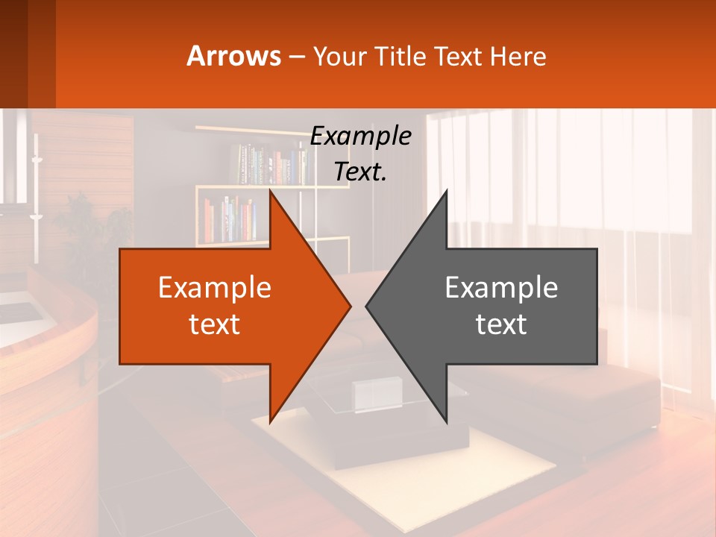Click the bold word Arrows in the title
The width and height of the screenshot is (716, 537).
point(234,56)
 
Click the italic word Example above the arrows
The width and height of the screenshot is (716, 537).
point(360,136)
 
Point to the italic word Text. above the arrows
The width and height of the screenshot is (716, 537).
point(360,172)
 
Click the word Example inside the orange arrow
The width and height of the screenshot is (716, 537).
point(214,287)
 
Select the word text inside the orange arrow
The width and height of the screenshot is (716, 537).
point(214,324)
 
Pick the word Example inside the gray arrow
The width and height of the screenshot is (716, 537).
point(501,287)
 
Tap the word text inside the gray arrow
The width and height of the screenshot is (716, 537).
point(501,324)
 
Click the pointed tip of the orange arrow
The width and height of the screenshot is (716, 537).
point(350,306)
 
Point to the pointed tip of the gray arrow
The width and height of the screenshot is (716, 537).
point(366,306)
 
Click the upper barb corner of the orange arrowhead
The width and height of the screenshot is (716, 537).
point(270,191)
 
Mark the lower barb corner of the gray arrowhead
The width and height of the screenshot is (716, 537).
point(446,421)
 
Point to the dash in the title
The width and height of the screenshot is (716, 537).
point(296,57)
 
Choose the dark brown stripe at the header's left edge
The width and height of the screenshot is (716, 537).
point(13,54)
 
